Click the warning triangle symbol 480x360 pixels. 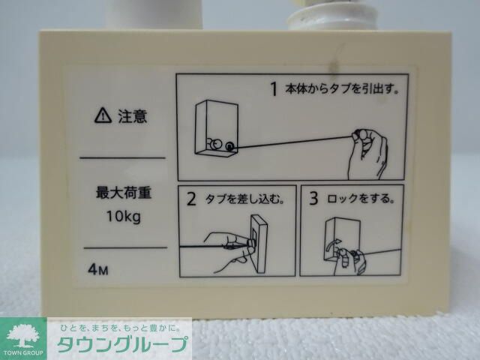[x=101, y=115]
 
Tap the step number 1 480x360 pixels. [x=274, y=89]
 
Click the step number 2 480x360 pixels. [x=191, y=199]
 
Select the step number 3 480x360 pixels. [x=313, y=199]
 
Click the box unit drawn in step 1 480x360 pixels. [x=216, y=129]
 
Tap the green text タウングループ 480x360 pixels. [x=120, y=347]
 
